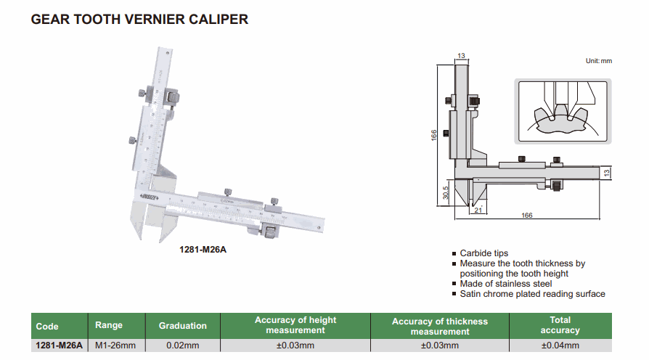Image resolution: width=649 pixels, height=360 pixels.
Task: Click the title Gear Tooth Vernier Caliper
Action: [139, 20]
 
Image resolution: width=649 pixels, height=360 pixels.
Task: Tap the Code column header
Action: [47, 326]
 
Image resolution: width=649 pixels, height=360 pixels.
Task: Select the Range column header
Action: [109, 325]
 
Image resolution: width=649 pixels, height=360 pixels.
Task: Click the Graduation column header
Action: [183, 326]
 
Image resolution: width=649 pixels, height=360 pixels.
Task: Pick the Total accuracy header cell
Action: [560, 325]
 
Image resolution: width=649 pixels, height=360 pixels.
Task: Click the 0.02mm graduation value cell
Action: [183, 345]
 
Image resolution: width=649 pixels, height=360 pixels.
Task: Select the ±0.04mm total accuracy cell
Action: [560, 345]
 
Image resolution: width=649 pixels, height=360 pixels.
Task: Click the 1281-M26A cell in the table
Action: [59, 345]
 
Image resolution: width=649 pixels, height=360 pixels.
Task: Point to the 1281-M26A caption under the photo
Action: [203, 250]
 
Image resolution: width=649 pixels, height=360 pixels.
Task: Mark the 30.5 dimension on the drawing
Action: [445, 192]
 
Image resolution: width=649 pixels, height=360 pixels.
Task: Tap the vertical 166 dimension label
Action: [433, 136]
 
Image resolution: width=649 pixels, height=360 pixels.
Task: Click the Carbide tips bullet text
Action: [484, 253]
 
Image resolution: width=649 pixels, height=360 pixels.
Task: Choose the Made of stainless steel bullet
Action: [506, 284]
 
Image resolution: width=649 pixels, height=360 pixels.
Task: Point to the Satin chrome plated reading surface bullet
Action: [532, 294]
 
